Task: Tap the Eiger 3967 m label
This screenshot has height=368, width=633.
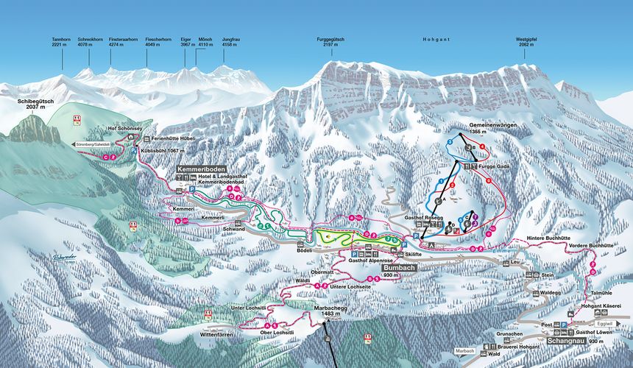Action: [x=187, y=41]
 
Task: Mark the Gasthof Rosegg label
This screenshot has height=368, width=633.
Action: [x=422, y=219]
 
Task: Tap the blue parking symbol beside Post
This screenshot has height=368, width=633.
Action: [x=564, y=324]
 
